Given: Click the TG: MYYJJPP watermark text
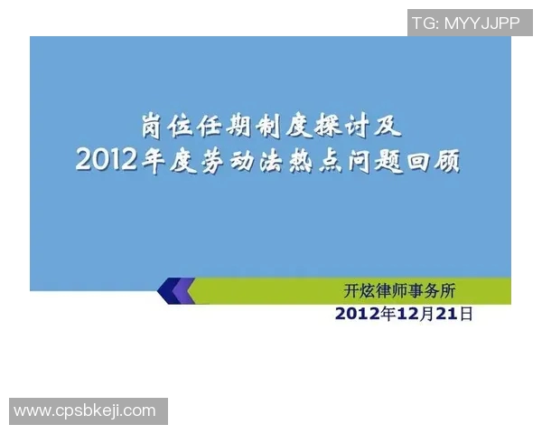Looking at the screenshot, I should tap(466, 23).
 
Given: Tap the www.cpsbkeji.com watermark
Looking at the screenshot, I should tap(85, 411).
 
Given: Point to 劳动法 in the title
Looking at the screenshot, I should tap(246, 160).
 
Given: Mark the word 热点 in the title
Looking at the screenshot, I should tap(322, 160).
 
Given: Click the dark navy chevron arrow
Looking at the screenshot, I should tap(168, 291).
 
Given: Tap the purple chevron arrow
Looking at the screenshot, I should tap(185, 291).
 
